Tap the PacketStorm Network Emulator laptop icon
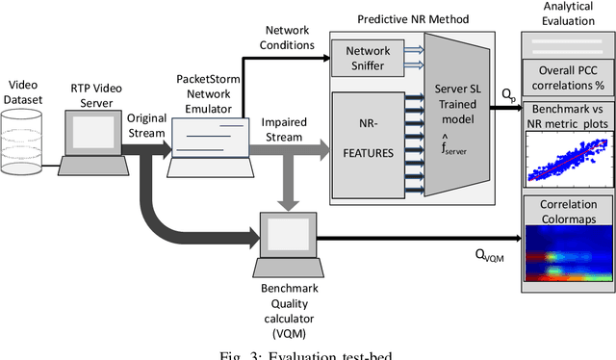pyautogui.click(x=204, y=141)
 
